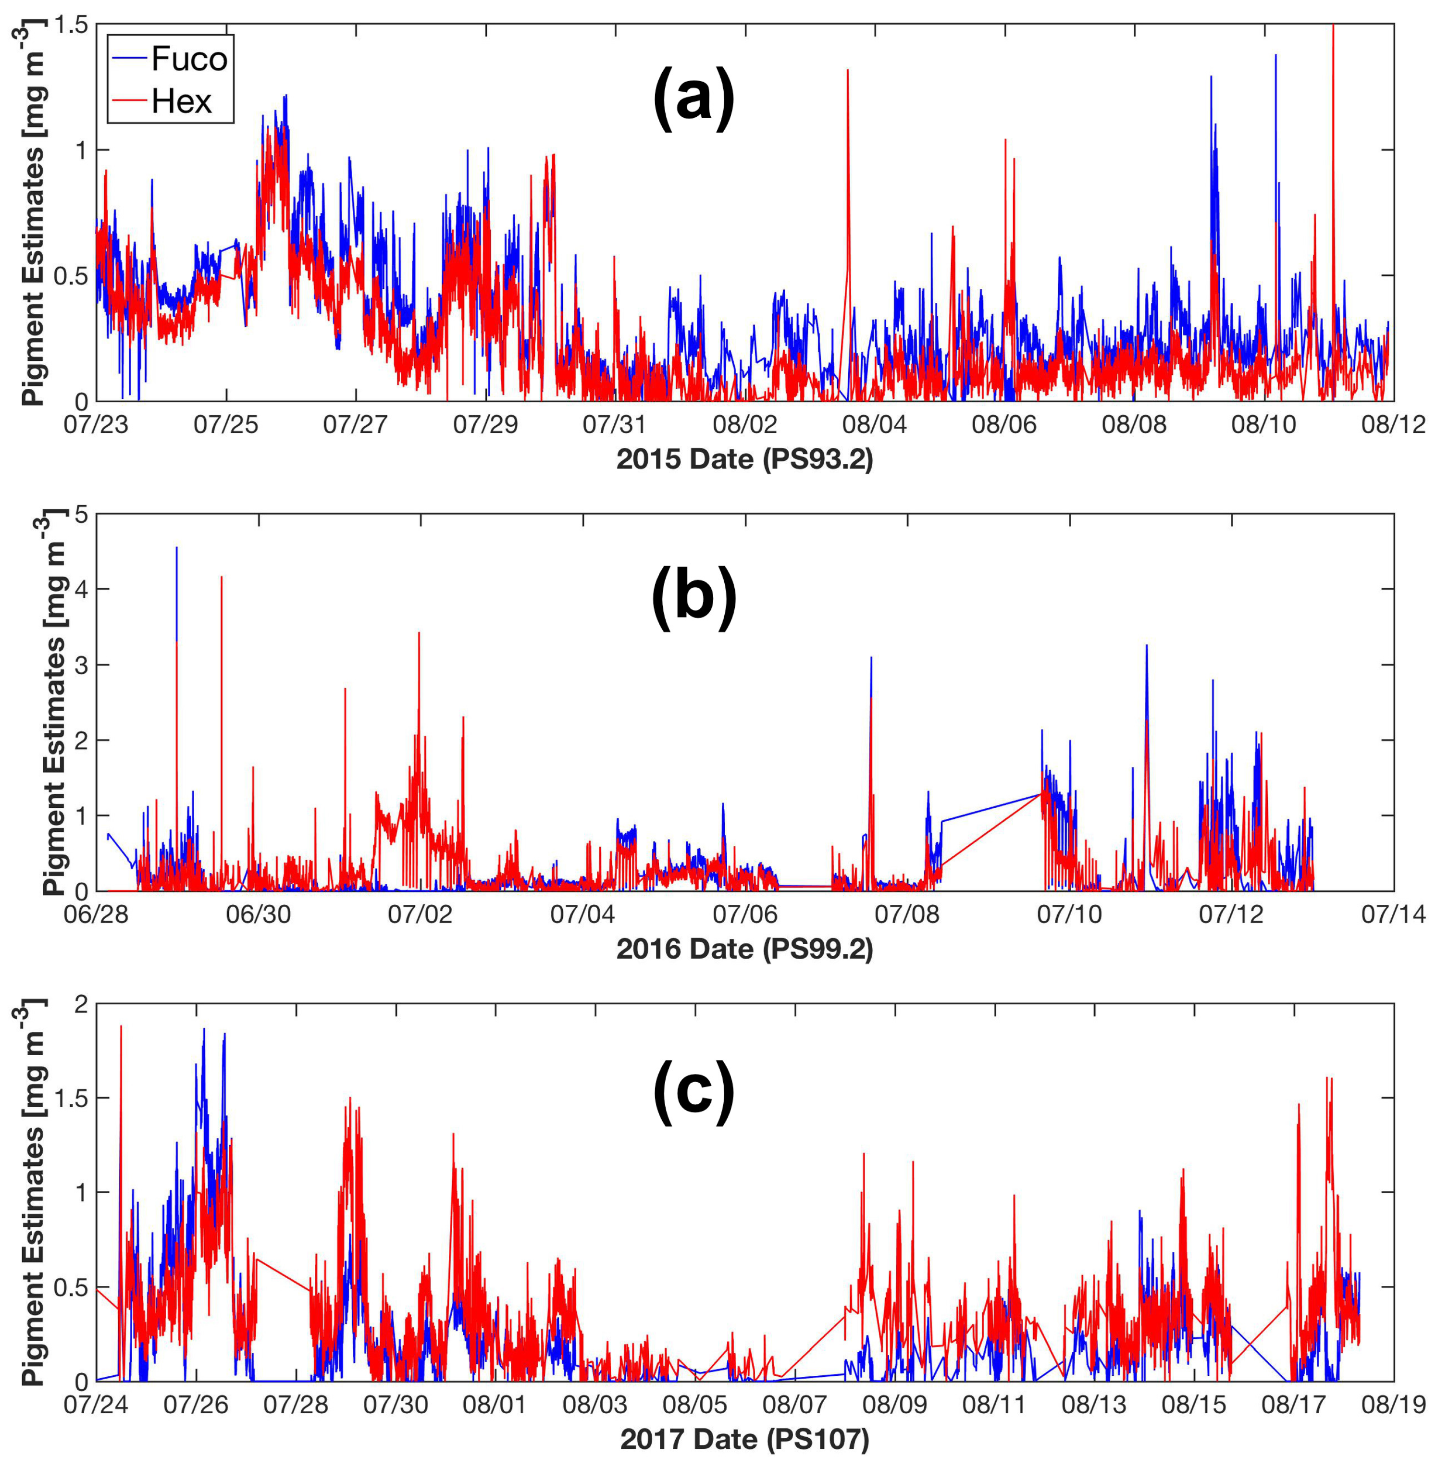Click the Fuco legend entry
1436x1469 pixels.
click(x=188, y=59)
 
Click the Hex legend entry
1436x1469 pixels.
click(x=181, y=101)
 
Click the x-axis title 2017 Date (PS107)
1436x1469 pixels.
click(x=744, y=1440)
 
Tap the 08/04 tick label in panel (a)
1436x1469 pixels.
click(x=875, y=425)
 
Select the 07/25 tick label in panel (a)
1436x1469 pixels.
click(x=225, y=425)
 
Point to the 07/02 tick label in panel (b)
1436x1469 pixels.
click(x=420, y=915)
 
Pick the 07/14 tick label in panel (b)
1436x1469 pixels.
click(x=1393, y=915)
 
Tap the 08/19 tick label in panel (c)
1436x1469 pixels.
click(x=1393, y=1405)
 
